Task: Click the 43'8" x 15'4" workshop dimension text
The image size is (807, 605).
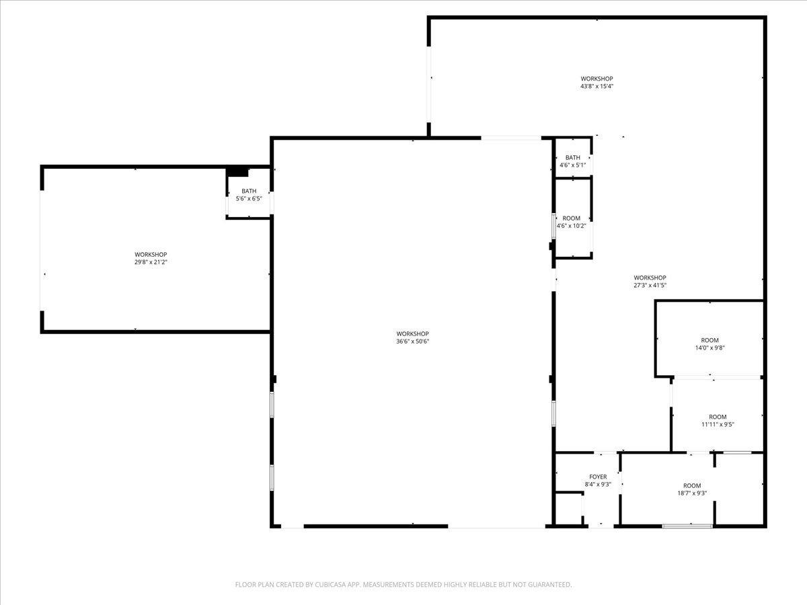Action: (x=597, y=86)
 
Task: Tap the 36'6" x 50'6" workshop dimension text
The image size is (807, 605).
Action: (x=412, y=341)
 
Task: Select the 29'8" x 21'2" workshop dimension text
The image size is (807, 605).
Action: (x=151, y=262)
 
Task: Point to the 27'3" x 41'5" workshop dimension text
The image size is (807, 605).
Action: (x=650, y=285)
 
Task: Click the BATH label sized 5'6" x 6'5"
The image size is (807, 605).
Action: (x=249, y=191)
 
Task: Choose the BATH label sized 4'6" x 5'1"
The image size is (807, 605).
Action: (x=573, y=157)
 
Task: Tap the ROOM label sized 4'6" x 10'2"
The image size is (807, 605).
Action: (x=572, y=218)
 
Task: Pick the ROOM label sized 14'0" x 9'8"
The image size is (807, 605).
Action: (x=709, y=340)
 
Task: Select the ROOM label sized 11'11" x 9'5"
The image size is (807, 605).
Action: (x=718, y=417)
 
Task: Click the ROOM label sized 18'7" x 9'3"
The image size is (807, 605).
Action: (x=692, y=485)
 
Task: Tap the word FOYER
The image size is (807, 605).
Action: (x=598, y=477)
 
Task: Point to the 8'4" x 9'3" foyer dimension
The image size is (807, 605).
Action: (x=598, y=485)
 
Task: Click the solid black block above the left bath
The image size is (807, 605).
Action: (x=237, y=172)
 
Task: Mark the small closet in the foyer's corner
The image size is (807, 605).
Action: (x=568, y=509)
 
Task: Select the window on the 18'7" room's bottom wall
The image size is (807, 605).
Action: (x=687, y=526)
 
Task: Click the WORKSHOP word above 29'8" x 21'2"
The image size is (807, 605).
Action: (x=151, y=255)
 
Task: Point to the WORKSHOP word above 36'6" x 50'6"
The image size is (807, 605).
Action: (x=412, y=334)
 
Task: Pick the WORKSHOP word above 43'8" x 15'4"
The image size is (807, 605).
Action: (x=597, y=79)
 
